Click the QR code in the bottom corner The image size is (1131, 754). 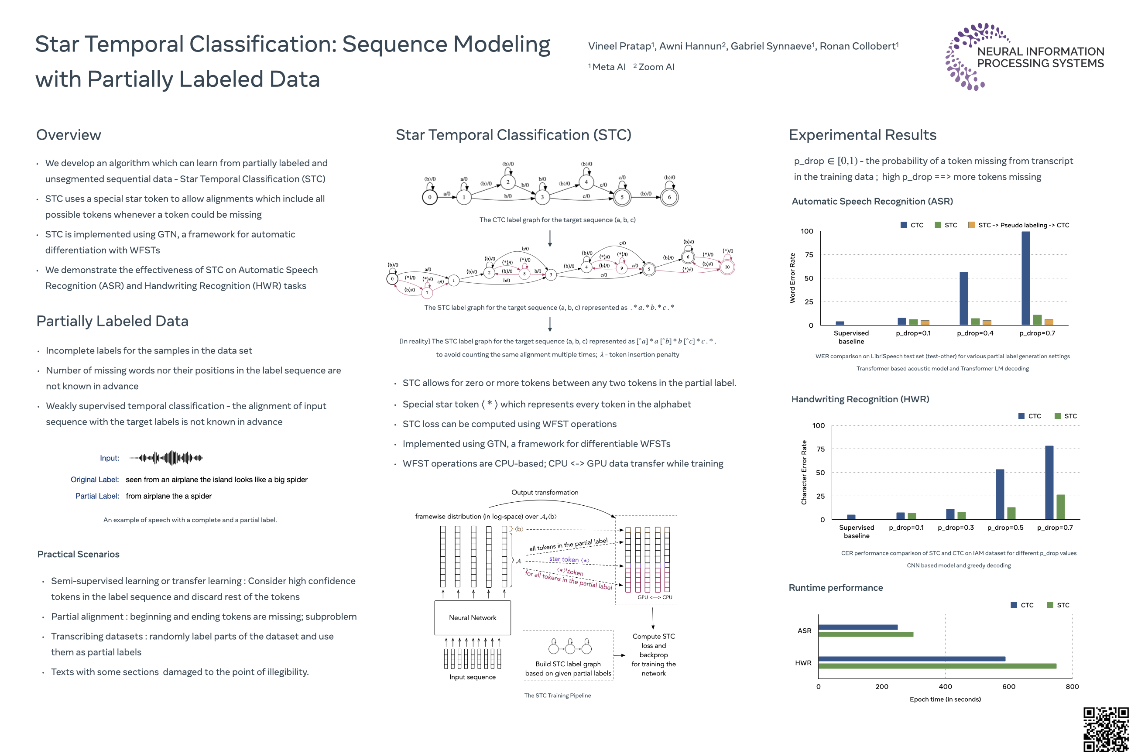tap(1106, 730)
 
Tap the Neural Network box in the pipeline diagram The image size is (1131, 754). tap(472, 617)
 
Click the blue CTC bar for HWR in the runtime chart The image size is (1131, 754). tap(911, 659)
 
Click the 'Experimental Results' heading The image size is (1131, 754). tap(862, 135)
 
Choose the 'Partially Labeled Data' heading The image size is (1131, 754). tap(112, 321)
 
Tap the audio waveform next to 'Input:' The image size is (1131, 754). tap(166, 458)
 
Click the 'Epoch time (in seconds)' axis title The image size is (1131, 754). tap(945, 699)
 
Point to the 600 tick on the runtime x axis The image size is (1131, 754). tap(1008, 687)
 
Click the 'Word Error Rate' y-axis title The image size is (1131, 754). tap(792, 278)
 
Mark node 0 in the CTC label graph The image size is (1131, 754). tap(429, 197)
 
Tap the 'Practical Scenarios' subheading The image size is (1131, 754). tap(79, 555)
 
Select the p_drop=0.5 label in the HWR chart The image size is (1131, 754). tap(1005, 528)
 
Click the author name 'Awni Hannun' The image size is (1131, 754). tap(690, 46)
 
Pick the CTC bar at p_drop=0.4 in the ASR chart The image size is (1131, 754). tap(963, 298)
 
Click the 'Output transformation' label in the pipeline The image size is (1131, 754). tap(545, 492)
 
